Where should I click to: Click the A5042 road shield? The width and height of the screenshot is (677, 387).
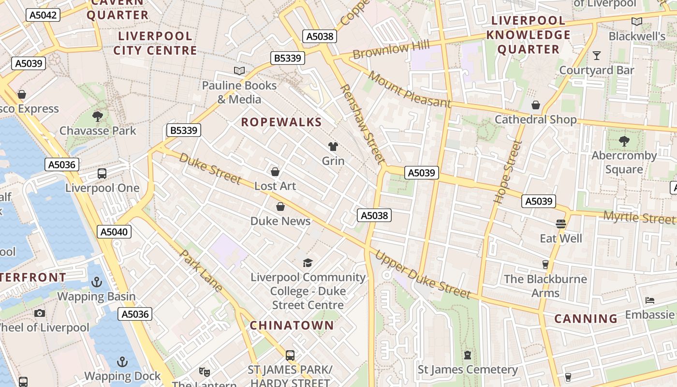point(43,15)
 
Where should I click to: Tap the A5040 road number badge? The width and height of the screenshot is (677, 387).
point(114,232)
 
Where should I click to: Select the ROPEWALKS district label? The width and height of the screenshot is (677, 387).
point(281,122)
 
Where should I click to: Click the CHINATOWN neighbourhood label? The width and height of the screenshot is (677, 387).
point(292,325)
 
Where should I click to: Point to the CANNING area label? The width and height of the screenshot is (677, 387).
point(586,319)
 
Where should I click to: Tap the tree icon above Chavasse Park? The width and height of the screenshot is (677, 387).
point(98,116)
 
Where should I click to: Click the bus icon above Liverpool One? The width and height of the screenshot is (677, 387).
point(102,174)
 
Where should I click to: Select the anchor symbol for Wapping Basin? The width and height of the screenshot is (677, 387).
point(97,282)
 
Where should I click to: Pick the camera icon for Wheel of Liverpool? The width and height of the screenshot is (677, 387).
point(40,313)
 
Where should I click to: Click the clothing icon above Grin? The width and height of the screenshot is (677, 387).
point(333,146)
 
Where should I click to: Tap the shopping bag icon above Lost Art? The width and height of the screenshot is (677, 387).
point(275,172)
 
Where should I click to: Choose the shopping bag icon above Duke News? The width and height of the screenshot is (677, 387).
point(280,207)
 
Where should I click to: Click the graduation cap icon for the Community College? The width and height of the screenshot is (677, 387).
point(308,263)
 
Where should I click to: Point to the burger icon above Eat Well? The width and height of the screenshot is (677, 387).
point(561,224)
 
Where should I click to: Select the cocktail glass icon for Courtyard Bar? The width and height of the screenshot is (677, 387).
point(597,56)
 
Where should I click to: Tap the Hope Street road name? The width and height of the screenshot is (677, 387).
point(508,172)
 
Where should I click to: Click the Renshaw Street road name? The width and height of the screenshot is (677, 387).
point(362,124)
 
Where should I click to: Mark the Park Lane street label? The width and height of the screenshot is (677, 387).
point(201,271)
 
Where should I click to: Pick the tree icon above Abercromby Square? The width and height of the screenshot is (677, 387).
point(624,141)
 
